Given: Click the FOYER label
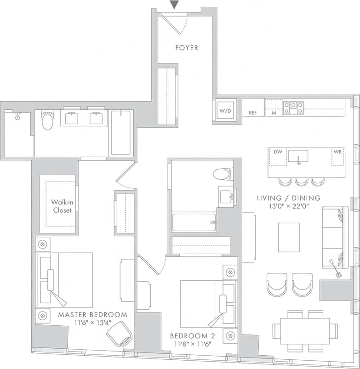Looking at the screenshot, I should coord(187,47).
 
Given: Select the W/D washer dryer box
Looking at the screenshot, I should coord(225,110).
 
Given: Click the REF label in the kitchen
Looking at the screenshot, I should coord(253,113).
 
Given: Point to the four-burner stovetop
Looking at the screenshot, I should coord(293,108).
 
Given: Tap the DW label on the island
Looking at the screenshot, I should coord(278,152).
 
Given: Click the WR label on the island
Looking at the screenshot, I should coord(337,152).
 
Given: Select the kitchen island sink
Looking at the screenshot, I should coord(298,156).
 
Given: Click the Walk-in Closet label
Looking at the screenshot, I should coord(61,206).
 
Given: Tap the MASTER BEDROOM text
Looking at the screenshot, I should coord(92,315).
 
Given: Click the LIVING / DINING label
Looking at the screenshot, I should coord(289,198).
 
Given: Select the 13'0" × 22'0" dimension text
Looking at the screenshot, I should coord(289,206).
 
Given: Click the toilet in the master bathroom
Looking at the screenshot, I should coord(47,120).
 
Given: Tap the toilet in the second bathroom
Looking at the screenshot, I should coord(223,174).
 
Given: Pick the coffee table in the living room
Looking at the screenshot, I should coord(289,237).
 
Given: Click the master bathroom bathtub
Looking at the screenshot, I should coord(121,132).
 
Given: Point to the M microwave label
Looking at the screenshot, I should coord(273,113).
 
